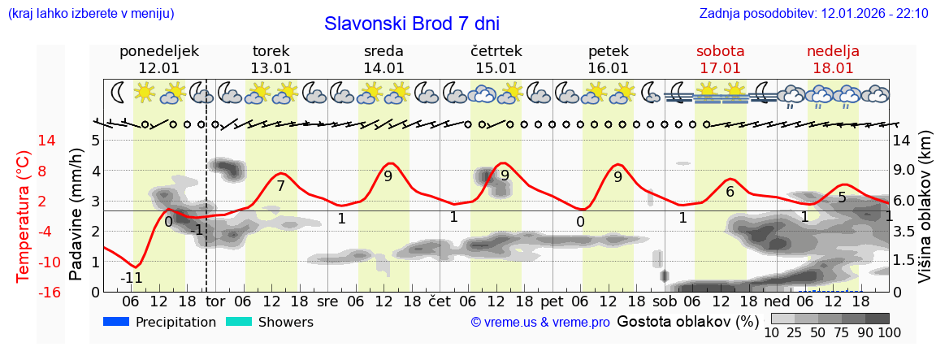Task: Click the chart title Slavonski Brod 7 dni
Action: click(x=412, y=24)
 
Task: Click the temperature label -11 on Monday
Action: click(x=132, y=278)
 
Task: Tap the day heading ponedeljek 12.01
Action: click(x=158, y=59)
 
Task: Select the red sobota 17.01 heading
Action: click(x=720, y=59)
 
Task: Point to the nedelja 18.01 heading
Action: click(x=833, y=59)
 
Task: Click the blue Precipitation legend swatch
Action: click(x=117, y=322)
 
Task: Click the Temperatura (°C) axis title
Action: click(x=24, y=215)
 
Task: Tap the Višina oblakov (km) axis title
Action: click(x=925, y=215)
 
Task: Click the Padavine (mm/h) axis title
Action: click(x=76, y=215)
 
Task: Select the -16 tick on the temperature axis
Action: click(x=24, y=293)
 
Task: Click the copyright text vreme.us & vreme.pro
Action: click(x=540, y=323)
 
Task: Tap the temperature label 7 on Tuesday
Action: click(x=280, y=186)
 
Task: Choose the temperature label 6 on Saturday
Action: click(x=730, y=192)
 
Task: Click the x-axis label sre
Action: click(x=327, y=301)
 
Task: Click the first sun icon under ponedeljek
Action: click(x=145, y=92)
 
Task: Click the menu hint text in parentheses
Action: click(x=91, y=14)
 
